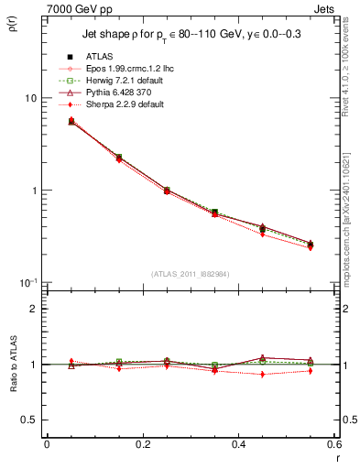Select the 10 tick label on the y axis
tap(30, 98)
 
